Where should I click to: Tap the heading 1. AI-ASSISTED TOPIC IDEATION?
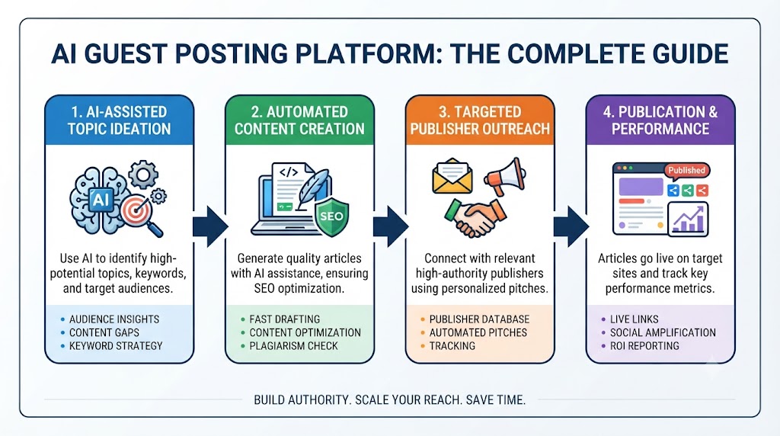(120, 120)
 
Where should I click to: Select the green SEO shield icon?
(332, 216)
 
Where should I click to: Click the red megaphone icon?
(505, 175)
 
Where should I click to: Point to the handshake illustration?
(475, 217)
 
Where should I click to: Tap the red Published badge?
(686, 170)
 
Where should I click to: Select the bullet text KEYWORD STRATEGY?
(116, 346)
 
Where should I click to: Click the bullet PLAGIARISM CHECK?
(293, 346)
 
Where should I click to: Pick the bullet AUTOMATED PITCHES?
(478, 332)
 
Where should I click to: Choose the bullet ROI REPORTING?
(644, 346)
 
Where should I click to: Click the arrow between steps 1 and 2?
(210, 226)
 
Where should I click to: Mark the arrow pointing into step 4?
(571, 226)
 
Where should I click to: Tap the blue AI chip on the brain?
(101, 200)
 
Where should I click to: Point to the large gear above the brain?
(143, 175)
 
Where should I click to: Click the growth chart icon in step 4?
(688, 219)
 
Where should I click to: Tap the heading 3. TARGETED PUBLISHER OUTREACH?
(480, 120)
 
